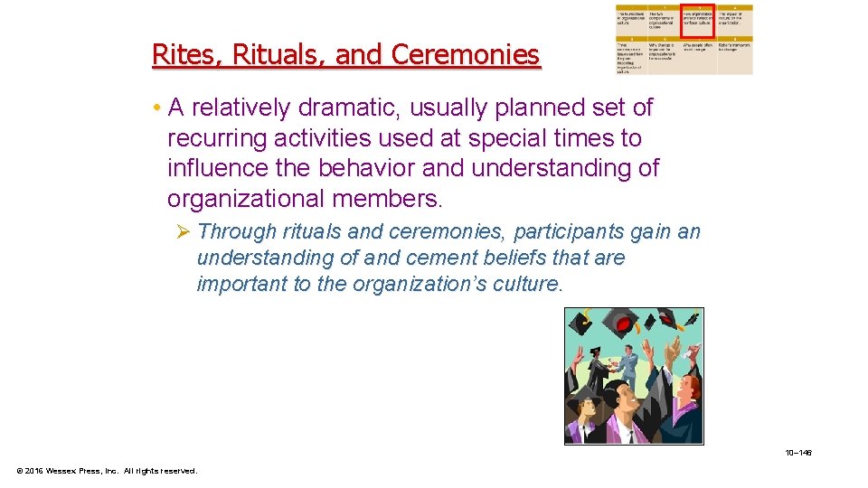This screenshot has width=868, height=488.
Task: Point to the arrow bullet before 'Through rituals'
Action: point(183,232)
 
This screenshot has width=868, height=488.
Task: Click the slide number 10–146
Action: point(798,452)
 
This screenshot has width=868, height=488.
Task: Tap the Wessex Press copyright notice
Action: point(107,470)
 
